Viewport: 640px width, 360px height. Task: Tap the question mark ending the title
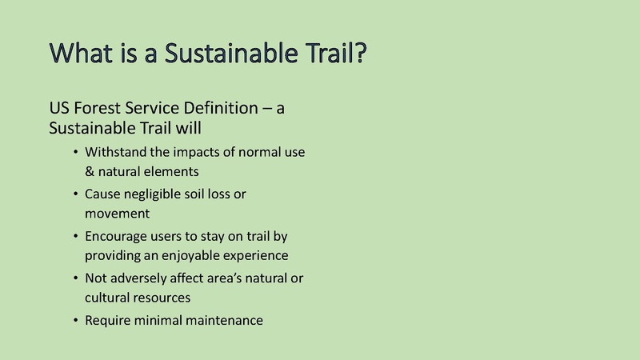(359, 54)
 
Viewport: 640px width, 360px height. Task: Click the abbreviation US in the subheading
(59, 109)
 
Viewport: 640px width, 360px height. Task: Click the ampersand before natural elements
(90, 171)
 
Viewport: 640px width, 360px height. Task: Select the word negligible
(158, 194)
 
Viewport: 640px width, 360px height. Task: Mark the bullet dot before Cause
(74, 194)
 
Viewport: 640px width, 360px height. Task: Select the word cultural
(108, 298)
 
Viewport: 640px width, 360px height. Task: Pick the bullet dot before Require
(74, 321)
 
